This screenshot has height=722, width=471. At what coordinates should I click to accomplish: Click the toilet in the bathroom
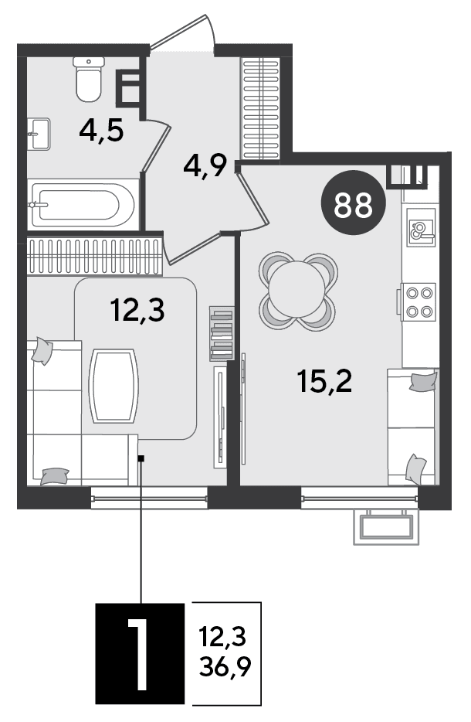tap(88, 79)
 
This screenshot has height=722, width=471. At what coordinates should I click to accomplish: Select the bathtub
tap(83, 204)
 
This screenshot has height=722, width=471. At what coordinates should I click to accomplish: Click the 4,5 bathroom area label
tap(101, 131)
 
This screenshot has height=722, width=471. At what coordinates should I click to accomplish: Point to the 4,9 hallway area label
tap(205, 165)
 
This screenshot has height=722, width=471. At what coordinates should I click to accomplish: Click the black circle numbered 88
tap(354, 203)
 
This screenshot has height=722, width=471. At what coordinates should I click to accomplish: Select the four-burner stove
tap(418, 301)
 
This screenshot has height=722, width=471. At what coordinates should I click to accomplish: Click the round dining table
tap(298, 291)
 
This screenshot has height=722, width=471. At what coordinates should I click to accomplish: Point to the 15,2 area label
tap(324, 381)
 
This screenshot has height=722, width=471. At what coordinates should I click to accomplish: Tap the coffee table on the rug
tap(114, 386)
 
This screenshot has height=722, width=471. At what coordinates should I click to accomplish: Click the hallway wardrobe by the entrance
tap(261, 108)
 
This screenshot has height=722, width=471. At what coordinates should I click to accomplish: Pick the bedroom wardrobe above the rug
tap(94, 257)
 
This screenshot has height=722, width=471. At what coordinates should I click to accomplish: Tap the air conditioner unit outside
tap(386, 526)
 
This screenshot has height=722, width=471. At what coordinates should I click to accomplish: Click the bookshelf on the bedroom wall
tap(222, 333)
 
